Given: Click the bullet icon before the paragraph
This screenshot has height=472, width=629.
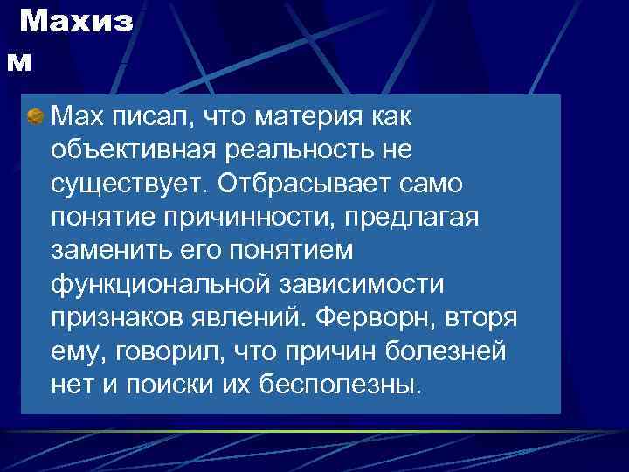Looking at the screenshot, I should coord(35,115).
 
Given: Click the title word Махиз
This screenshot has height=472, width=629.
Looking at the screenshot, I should coord(76,23).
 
